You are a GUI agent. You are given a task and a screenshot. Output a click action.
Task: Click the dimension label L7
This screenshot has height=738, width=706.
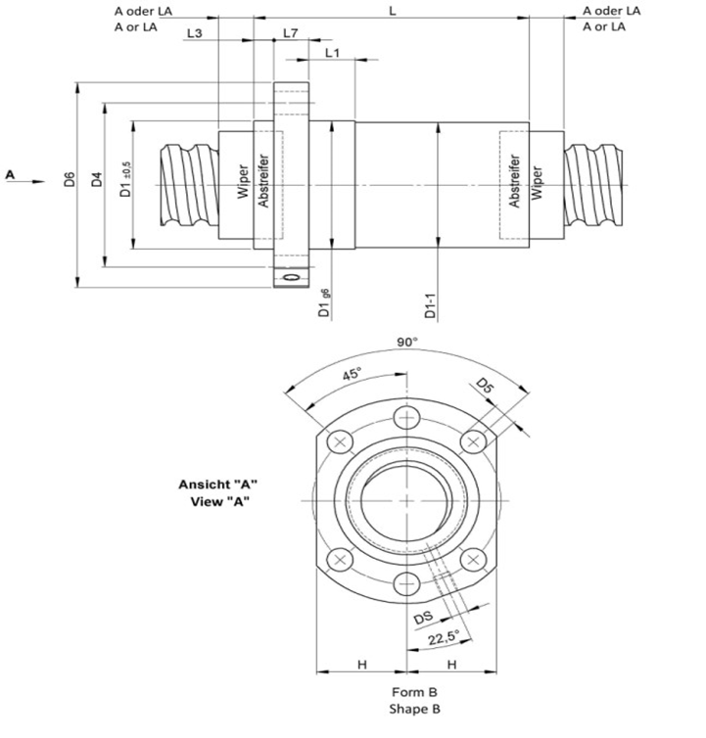290,33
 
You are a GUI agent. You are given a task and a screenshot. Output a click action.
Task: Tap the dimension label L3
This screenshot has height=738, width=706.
194,33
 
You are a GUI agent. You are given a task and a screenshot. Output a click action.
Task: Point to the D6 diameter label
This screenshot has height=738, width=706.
70,181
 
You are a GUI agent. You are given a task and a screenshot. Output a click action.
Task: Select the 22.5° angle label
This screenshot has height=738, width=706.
443,639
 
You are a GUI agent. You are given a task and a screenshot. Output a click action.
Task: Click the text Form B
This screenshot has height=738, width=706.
405,691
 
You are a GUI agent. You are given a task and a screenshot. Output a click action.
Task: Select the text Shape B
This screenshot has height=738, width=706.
405,708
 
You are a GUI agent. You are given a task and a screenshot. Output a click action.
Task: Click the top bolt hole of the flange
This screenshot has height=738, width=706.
405,420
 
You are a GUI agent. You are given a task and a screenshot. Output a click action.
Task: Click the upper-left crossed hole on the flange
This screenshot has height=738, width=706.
341,442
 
